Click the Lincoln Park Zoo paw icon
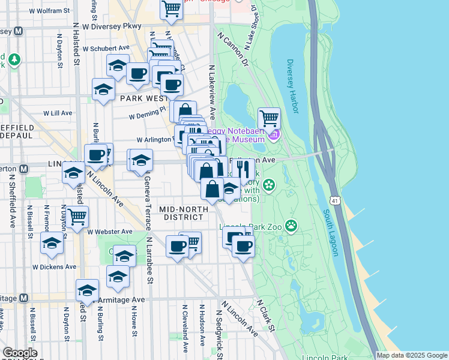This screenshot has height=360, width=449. click(x=292, y=226)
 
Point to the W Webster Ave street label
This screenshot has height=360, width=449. click(x=109, y=231)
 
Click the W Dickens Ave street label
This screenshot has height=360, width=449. click(x=54, y=266)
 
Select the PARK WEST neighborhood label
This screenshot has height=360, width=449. click(x=143, y=98)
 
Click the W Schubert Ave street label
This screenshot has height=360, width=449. click(x=106, y=48)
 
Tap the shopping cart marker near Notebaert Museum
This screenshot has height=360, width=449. click(x=269, y=118)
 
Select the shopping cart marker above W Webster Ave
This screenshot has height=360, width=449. click(x=77, y=217)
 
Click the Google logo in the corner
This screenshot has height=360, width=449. click(x=19, y=353)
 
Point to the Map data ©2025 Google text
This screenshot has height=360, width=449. click(x=412, y=355)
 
